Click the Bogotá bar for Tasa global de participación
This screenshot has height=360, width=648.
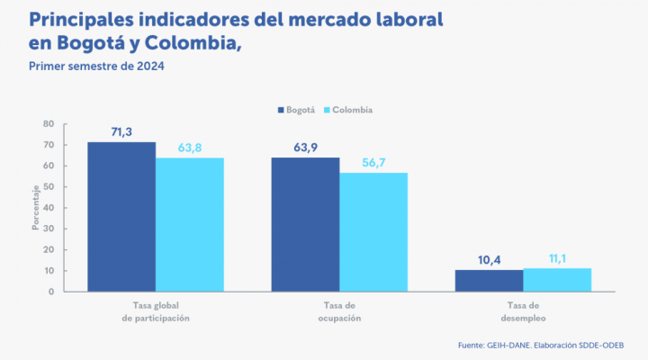click(x=121, y=217)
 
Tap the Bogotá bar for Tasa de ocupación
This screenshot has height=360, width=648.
click(x=305, y=225)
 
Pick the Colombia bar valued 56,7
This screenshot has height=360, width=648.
click(x=373, y=232)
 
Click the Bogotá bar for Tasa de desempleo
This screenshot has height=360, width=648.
click(x=489, y=281)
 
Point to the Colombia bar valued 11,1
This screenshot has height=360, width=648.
click(x=557, y=280)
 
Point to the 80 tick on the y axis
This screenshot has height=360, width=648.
click(x=48, y=124)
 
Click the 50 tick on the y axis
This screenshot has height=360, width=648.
click(x=48, y=187)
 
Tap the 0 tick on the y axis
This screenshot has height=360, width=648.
click(x=51, y=292)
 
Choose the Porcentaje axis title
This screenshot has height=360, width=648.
click(x=36, y=208)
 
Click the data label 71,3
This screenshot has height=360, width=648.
click(x=122, y=132)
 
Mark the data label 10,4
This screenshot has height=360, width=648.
click(x=489, y=260)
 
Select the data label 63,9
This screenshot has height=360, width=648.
click(x=306, y=148)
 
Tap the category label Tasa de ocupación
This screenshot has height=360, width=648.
click(x=339, y=312)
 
